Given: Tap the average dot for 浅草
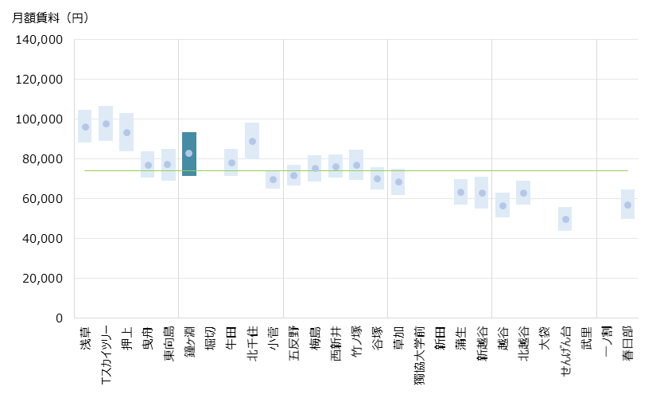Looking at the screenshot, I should [x=85, y=127].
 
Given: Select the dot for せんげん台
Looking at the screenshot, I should [x=565, y=219].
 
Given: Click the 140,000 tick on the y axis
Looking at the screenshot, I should [x=40, y=40].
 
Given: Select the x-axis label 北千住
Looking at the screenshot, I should [x=252, y=343].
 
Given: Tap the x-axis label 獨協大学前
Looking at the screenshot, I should [x=419, y=355].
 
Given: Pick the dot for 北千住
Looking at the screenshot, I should [x=252, y=142].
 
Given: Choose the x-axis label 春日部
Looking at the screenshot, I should [x=628, y=343].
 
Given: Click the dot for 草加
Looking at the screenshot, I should [x=398, y=182].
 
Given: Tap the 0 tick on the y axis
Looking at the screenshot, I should [x=58, y=318].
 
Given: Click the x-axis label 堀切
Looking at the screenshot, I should [x=211, y=338].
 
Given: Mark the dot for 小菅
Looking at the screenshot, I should [x=273, y=180].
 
